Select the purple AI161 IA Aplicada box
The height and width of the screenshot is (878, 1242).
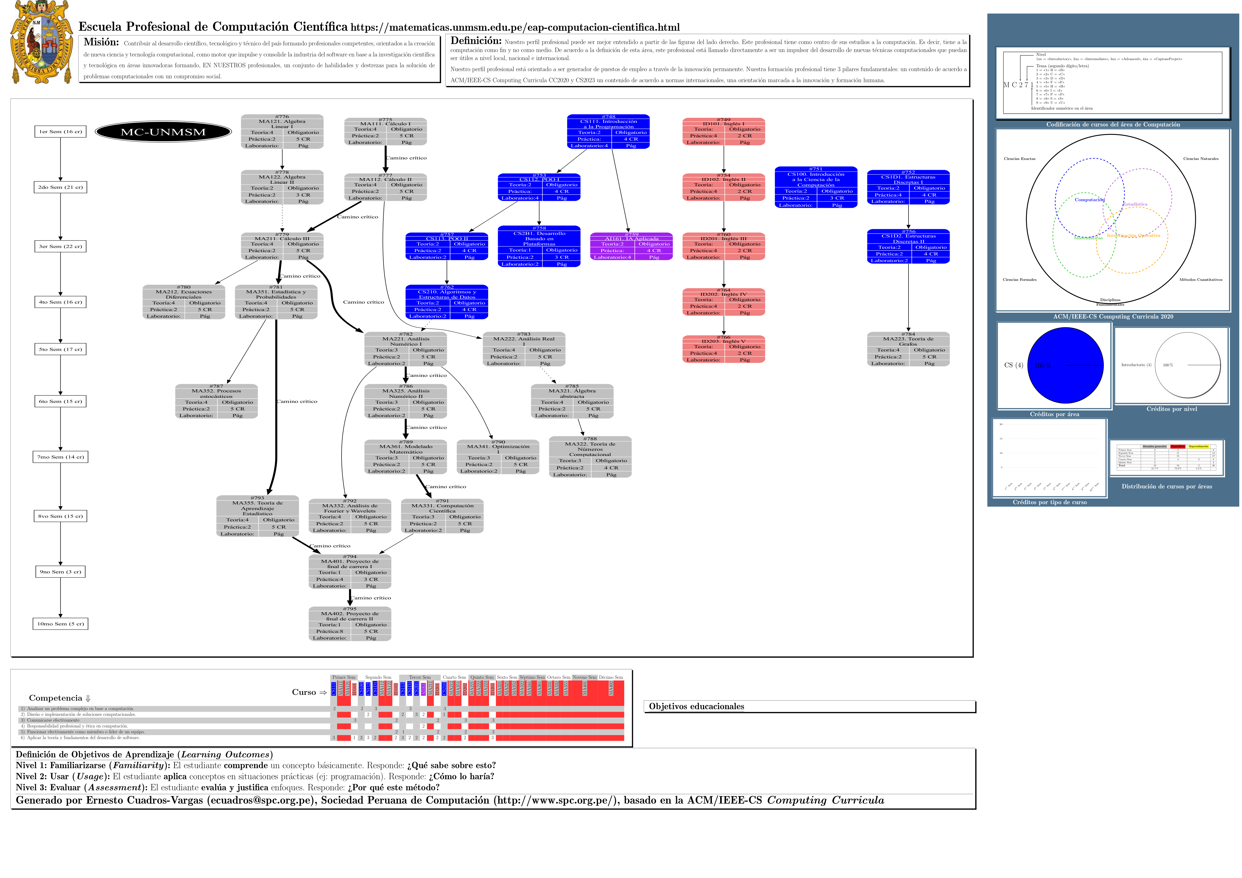click(x=631, y=246)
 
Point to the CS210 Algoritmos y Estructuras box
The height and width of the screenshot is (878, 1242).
click(x=447, y=302)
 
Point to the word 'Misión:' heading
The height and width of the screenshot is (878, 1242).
click(x=101, y=42)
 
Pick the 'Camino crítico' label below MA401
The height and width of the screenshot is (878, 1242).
click(x=371, y=598)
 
